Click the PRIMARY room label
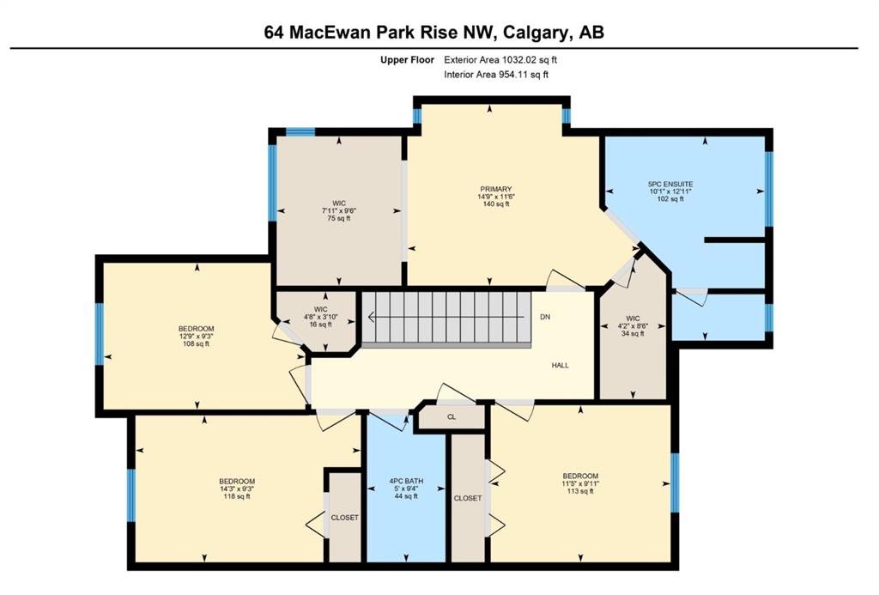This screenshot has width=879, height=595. pyautogui.click(x=495, y=189)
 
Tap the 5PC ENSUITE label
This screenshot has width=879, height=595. pyautogui.click(x=670, y=184)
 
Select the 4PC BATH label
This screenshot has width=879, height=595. pyautogui.click(x=406, y=481)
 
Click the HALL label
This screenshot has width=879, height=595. pyautogui.click(x=560, y=365)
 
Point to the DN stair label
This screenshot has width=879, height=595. pyautogui.click(x=545, y=317)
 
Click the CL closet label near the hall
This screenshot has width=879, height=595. pyautogui.click(x=452, y=416)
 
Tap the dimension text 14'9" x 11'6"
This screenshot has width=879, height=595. pyautogui.click(x=495, y=197)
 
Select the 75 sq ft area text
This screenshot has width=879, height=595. pyautogui.click(x=339, y=218)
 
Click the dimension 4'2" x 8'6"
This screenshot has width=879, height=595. pyautogui.click(x=633, y=325)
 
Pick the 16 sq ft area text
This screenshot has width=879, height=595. pyautogui.click(x=321, y=325)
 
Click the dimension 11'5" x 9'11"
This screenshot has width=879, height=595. pyautogui.click(x=580, y=483)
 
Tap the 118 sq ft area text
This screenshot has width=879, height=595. pyautogui.click(x=237, y=495)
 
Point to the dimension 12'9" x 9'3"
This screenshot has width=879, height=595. pyautogui.click(x=197, y=337)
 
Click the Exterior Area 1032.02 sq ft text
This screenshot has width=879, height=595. pyautogui.click(x=500, y=59)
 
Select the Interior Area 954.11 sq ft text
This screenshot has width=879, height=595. pyautogui.click(x=496, y=74)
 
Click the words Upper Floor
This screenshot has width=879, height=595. pyautogui.click(x=407, y=59)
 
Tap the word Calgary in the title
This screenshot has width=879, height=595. pyautogui.click(x=534, y=32)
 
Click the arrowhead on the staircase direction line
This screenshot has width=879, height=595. pyautogui.click(x=371, y=318)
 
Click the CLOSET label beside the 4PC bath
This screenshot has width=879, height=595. pyautogui.click(x=468, y=498)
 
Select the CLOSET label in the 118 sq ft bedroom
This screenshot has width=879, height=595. pyautogui.click(x=344, y=518)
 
